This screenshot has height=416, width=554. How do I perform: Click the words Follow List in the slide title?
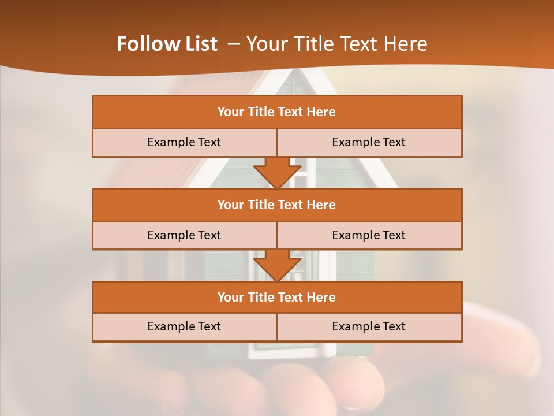[167, 44]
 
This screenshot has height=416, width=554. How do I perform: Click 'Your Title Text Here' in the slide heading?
[337, 44]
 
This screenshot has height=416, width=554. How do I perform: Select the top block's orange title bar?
[277, 112]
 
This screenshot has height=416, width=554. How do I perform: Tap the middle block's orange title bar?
[277, 205]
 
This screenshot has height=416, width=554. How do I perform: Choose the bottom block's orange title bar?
[277, 297]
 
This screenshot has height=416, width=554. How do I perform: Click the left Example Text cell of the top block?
[184, 142]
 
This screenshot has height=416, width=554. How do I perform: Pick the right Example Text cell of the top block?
[369, 142]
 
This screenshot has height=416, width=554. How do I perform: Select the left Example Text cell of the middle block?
[184, 235]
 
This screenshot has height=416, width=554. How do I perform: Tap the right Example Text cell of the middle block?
[369, 235]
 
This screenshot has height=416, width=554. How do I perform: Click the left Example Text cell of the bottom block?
[184, 326]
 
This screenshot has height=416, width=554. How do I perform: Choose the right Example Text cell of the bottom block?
[369, 326]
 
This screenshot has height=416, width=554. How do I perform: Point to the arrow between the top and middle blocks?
[277, 173]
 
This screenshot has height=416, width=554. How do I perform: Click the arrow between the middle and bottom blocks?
[277, 266]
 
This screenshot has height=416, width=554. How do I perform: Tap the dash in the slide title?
[234, 44]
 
